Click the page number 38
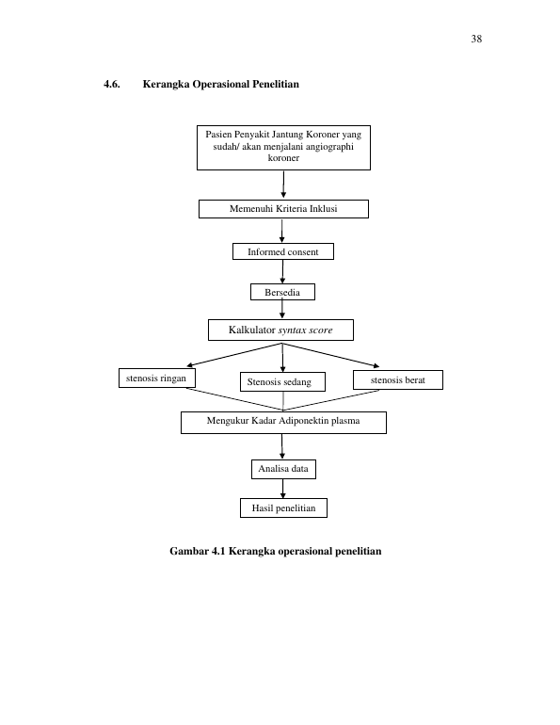pyautogui.click(x=476, y=39)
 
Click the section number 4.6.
pyautogui.click(x=112, y=84)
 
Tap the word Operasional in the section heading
pyautogui.click(x=221, y=84)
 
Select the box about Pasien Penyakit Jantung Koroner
pyautogui.click(x=283, y=148)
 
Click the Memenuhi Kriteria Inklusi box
pyautogui.click(x=283, y=209)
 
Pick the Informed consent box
pyautogui.click(x=283, y=251)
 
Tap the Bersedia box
pyautogui.click(x=282, y=292)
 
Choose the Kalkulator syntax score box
pyautogui.click(x=280, y=330)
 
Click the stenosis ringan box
pyautogui.click(x=157, y=379)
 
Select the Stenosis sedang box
pyautogui.click(x=282, y=382)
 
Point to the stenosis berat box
pyautogui.click(x=398, y=380)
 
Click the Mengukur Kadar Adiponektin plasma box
pyautogui.click(x=283, y=423)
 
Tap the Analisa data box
pyautogui.click(x=283, y=469)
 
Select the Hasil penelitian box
pyautogui.click(x=283, y=508)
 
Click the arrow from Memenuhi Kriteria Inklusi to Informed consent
pyautogui.click(x=281, y=231)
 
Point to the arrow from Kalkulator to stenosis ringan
pyautogui.click(x=234, y=355)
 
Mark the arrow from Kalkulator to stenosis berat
pyautogui.click(x=331, y=355)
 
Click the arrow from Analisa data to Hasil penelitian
pyautogui.click(x=282, y=489)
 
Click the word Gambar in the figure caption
pyautogui.click(x=188, y=551)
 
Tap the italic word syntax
pyautogui.click(x=290, y=330)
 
